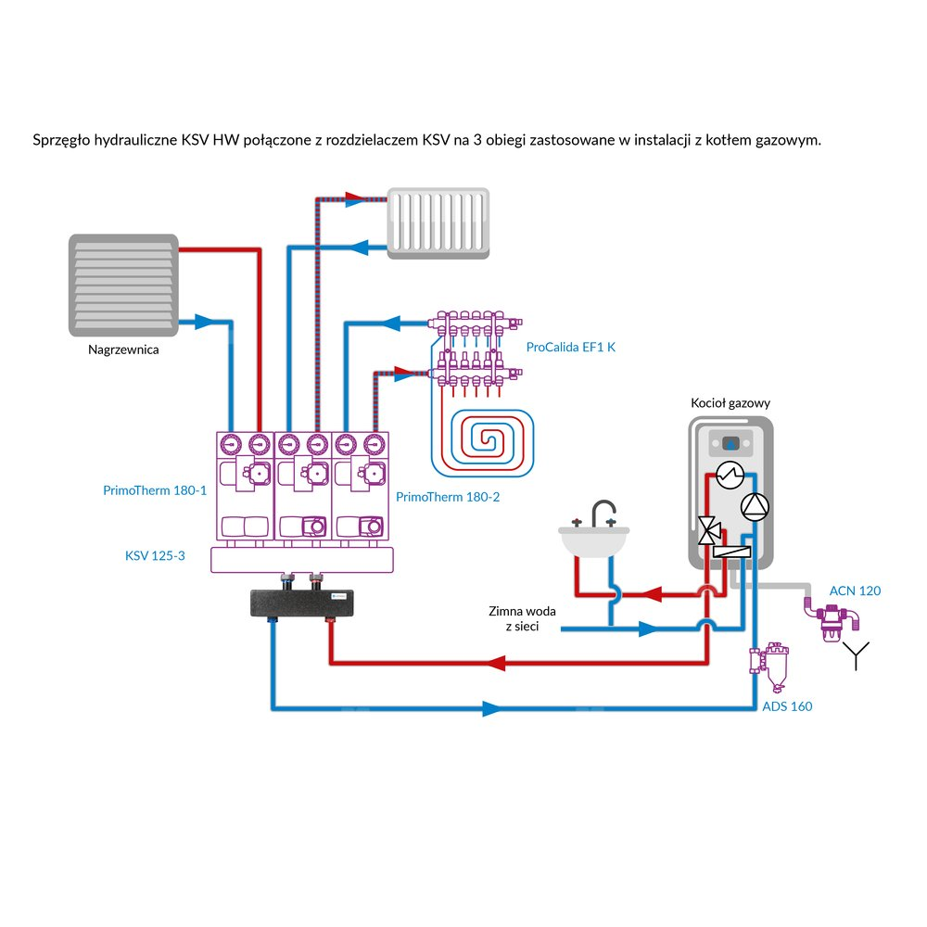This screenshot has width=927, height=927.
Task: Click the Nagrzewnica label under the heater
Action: pos(123,350)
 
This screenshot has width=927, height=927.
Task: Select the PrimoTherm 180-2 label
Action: pos(448,498)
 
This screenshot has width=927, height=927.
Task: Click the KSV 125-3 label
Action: pos(156,556)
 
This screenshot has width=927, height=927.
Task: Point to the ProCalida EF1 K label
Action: pos(570,348)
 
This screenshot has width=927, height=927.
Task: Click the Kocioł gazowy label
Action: pos(730,403)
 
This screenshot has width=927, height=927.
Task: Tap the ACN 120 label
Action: pos(855,590)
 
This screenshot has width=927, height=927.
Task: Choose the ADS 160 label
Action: pos(787,706)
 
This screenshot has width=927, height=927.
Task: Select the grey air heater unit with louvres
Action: pos(123,285)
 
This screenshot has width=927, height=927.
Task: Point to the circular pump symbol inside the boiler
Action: pos(755,506)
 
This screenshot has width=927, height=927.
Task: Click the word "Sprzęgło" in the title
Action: pos(60,140)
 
